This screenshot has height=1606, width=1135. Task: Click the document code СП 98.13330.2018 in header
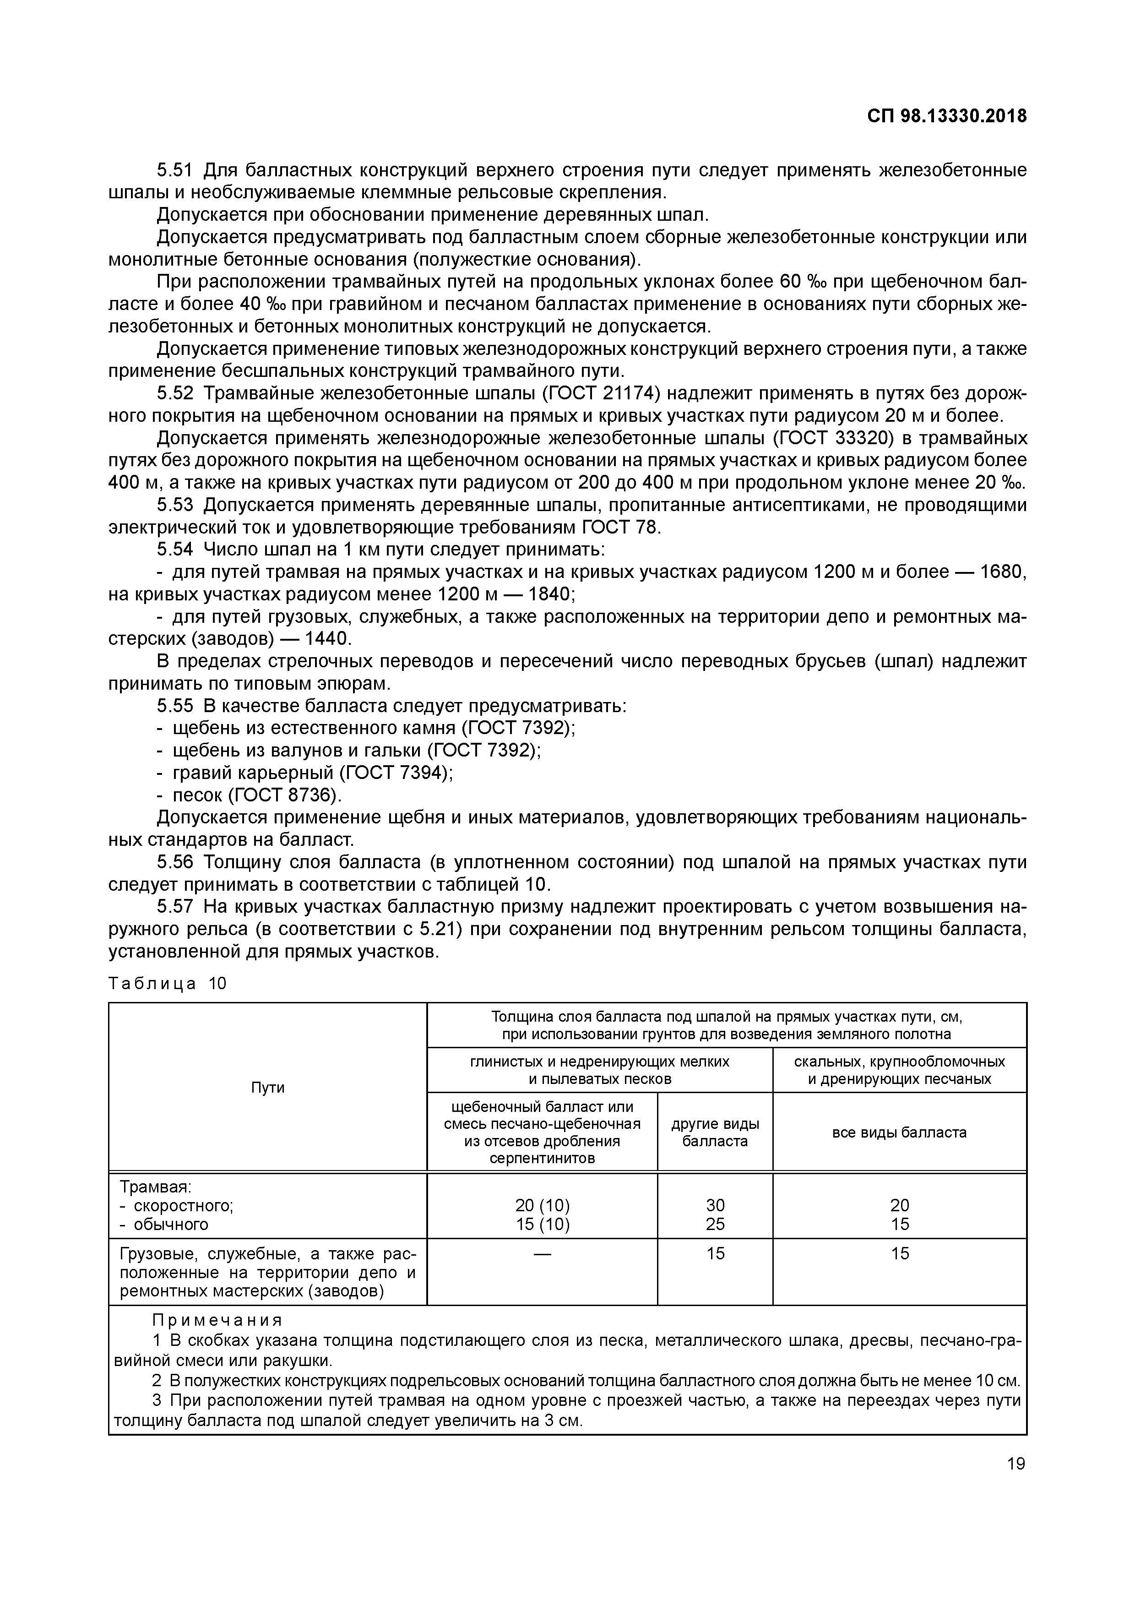point(947,116)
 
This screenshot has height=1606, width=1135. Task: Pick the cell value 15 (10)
point(542,1224)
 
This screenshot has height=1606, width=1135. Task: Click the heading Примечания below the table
point(217,1320)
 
